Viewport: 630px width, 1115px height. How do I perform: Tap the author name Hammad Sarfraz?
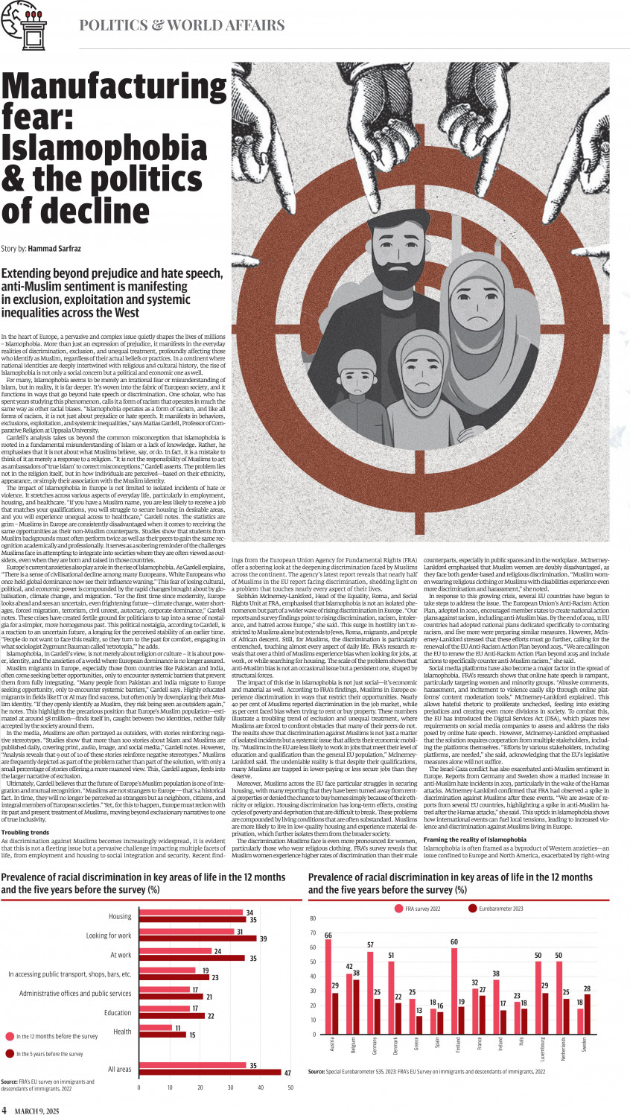click(54, 249)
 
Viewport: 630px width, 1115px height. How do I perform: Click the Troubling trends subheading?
click(25, 833)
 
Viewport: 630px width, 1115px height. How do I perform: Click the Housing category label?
click(120, 916)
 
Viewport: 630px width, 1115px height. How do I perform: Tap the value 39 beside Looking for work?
click(263, 939)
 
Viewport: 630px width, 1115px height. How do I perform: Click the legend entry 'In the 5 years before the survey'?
click(50, 1054)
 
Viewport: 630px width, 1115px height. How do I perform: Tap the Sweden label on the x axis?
click(585, 1044)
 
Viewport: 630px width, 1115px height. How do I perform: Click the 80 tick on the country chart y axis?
click(313, 918)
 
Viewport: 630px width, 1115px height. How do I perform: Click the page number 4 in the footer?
click(4, 1110)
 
